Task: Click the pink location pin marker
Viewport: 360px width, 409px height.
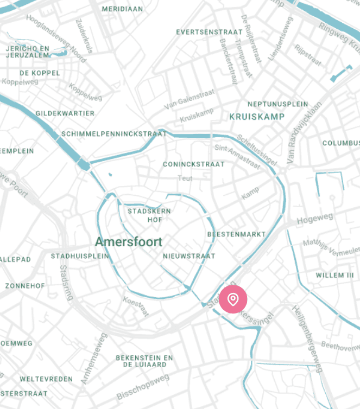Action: pos(233,299)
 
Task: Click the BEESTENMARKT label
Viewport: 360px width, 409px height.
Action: pos(236,234)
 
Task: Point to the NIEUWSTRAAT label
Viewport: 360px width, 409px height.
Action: pos(189,256)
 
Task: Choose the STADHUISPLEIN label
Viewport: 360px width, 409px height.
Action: pos(80,256)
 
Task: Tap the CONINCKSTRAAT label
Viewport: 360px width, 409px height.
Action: pos(194,164)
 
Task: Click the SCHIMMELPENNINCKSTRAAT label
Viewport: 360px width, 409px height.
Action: pos(107,133)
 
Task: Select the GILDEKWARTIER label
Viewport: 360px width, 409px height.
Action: pos(65,113)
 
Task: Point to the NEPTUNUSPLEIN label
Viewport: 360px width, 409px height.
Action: pos(277,104)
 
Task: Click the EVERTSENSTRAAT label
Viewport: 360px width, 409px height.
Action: pos(209,33)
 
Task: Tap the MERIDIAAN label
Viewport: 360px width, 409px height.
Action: pos(123,9)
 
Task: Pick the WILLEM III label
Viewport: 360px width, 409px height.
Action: pos(334,275)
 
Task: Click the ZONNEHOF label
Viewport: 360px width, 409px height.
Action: pos(25,285)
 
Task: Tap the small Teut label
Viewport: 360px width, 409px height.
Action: pos(185,178)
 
